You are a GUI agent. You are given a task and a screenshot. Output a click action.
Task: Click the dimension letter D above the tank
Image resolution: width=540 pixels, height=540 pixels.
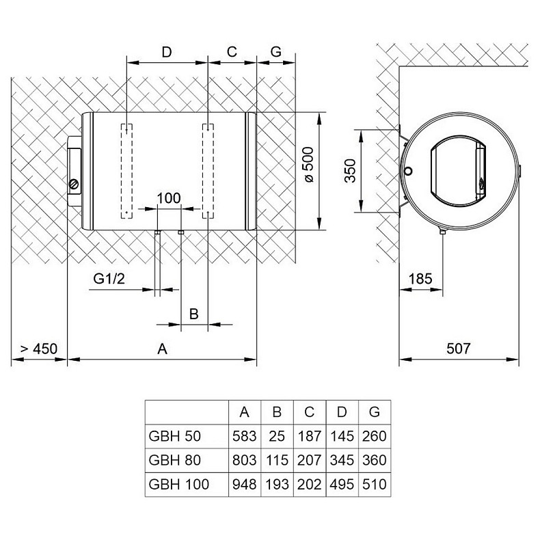pyautogui.click(x=166, y=51)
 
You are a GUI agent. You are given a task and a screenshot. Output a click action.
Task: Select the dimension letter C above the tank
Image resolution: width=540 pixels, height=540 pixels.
pyautogui.click(x=232, y=51)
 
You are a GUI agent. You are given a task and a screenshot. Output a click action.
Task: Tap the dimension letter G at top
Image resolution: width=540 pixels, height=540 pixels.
pyautogui.click(x=275, y=51)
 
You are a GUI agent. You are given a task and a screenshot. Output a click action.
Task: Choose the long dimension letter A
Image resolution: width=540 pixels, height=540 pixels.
pyautogui.click(x=163, y=349)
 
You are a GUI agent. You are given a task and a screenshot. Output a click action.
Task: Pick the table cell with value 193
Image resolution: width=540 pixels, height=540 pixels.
pyautogui.click(x=277, y=484)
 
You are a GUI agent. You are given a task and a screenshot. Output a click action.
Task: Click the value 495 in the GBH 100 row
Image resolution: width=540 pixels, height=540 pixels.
pyautogui.click(x=342, y=484)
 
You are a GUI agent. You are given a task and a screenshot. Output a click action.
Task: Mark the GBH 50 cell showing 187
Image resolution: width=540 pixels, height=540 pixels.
pyautogui.click(x=309, y=435)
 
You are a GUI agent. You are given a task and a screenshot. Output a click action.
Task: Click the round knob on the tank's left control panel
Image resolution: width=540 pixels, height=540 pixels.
pyautogui.click(x=75, y=183)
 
